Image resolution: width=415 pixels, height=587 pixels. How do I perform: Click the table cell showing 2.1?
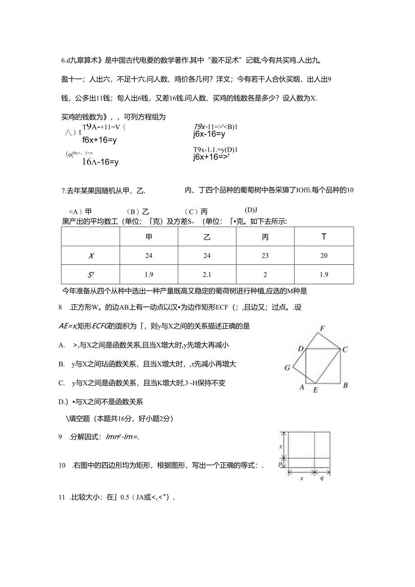coord(207,274)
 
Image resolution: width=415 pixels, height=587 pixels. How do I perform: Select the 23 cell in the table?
coord(265,255)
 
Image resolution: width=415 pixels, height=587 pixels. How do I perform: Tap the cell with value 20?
coord(324,255)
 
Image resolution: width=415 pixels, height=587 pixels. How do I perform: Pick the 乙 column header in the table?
coord(207,237)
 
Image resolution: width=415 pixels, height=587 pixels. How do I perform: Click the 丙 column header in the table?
coord(265,237)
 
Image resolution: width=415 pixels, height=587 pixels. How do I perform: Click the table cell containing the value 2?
coord(265,274)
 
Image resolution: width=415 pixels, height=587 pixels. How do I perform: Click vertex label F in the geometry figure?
coord(322,328)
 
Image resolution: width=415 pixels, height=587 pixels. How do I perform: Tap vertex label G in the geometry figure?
coord(287,368)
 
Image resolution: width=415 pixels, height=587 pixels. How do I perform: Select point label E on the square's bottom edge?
coord(315,390)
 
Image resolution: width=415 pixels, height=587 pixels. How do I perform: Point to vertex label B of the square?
coord(345,385)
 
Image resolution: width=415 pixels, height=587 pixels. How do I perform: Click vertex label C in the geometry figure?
coord(345,349)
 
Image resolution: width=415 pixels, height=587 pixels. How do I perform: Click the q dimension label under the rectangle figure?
coord(322,478)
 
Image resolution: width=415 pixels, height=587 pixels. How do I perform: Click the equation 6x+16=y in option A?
coord(100,140)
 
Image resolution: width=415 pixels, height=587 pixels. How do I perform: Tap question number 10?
coord(62,465)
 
